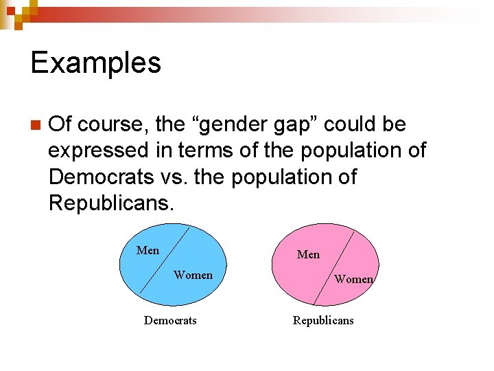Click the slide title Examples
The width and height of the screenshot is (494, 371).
pos(96,63)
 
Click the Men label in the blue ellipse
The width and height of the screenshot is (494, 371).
pos(148,250)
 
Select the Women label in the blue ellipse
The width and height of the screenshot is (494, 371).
pos(193,275)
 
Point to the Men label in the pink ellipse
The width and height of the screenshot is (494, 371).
pos(308,254)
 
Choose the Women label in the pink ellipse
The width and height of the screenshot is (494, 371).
pos(353,279)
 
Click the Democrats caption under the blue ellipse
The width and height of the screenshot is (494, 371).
pos(170,320)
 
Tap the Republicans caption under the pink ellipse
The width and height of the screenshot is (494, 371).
pos(323,320)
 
